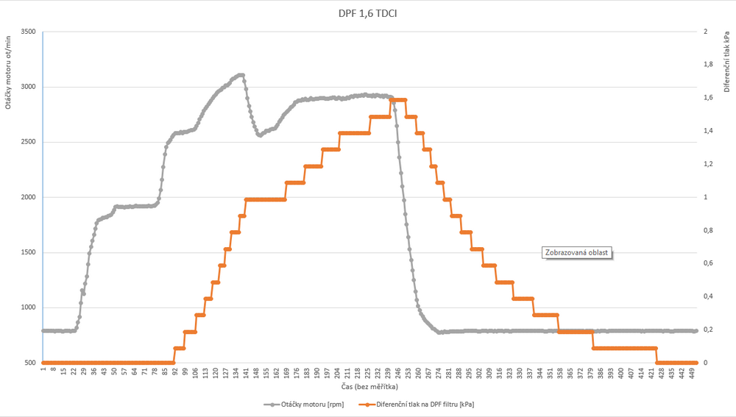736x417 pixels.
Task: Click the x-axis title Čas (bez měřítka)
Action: point(369,386)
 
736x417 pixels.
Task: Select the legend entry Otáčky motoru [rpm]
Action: point(308,404)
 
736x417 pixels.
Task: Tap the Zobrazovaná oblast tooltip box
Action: point(577,252)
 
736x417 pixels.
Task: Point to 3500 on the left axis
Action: point(28,32)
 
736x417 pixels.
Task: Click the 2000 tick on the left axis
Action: point(28,197)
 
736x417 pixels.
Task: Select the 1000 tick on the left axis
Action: point(28,307)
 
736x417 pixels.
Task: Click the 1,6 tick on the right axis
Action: point(709,98)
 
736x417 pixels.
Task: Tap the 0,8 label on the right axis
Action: point(709,230)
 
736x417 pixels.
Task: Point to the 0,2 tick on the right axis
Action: point(709,329)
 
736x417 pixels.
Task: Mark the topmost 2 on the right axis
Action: point(706,32)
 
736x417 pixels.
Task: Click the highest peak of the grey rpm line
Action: point(241,75)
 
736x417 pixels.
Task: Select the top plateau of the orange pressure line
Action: point(398,100)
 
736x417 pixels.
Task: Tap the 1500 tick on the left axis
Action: point(28,252)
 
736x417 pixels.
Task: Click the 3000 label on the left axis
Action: point(28,87)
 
